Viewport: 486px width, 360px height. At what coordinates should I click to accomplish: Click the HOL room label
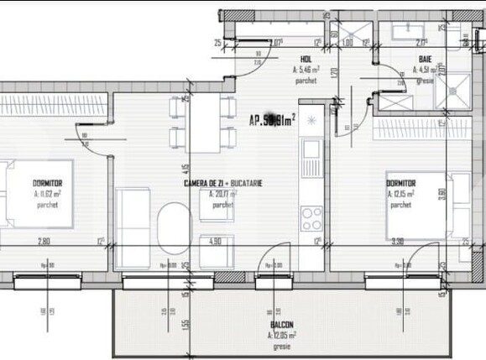306,59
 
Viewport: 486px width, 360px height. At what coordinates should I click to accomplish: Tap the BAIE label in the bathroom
426,59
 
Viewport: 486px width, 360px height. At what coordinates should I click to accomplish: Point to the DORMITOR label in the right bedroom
401,183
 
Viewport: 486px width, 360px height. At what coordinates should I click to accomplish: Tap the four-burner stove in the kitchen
311,218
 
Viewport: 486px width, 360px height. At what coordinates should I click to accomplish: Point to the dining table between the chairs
203,122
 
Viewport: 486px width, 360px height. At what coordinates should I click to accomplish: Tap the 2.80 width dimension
44,242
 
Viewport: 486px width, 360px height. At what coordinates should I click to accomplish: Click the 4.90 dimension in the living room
215,242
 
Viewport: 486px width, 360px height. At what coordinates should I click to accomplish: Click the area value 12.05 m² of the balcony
283,334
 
